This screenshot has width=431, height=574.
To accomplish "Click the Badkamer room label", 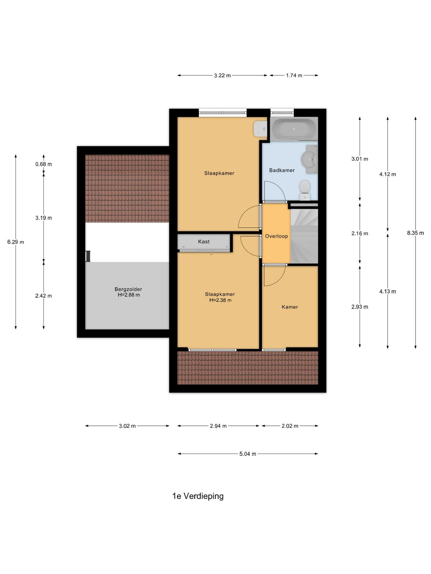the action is click(282, 170).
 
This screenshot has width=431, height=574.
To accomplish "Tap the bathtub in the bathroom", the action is click(294, 129).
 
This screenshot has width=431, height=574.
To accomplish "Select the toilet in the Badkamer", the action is click(305, 190).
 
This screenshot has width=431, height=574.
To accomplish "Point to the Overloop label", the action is click(276, 236).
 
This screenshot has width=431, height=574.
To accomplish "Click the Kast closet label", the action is click(204, 242).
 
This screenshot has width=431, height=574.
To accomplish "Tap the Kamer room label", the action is click(290, 307).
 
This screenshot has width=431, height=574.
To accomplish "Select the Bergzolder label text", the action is click(128, 289).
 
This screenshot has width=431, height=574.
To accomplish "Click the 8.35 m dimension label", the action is click(415, 233).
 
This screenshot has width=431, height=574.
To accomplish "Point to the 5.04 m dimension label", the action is click(247, 454).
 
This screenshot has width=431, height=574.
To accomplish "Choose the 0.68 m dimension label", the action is click(43, 164).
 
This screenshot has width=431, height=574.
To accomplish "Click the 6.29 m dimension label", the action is click(15, 242).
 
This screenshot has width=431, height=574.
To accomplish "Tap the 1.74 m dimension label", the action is click(294, 75).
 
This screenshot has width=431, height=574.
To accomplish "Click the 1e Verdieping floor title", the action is click(198, 496).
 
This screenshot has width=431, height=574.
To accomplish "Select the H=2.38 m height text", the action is click(220, 300).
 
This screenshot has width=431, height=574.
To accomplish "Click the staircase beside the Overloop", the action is click(304, 236).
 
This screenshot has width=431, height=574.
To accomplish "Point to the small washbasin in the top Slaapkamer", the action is click(260, 129).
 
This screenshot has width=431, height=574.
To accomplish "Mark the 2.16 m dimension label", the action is click(360, 233).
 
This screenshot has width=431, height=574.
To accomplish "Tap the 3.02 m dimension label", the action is click(127, 426).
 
